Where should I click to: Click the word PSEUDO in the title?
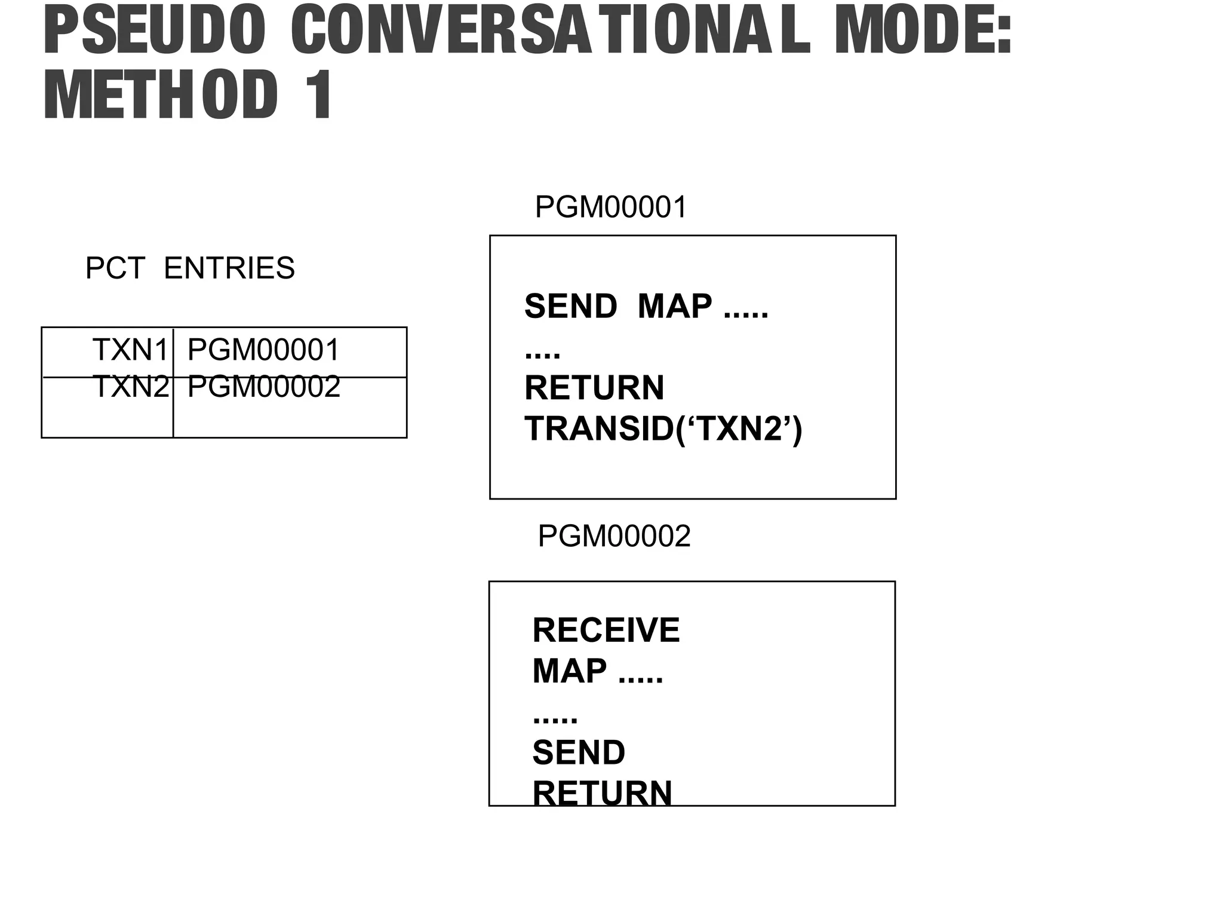[x=154, y=31]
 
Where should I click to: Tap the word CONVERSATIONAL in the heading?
[x=550, y=31]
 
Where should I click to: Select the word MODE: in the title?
[x=923, y=31]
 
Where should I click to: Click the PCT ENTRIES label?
[x=190, y=268]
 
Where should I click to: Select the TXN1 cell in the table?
[x=131, y=350]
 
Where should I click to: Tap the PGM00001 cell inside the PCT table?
[x=263, y=350]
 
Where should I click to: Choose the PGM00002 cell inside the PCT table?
[x=263, y=387]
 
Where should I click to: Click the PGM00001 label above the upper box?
[x=611, y=207]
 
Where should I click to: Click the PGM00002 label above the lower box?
[x=614, y=535]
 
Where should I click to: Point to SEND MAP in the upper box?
[x=618, y=306]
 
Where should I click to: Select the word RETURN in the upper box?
[x=594, y=387]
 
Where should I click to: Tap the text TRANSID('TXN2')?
[x=663, y=429]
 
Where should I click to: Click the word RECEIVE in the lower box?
[x=606, y=630]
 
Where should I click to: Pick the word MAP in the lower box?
[x=569, y=671]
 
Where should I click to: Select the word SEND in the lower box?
[x=579, y=752]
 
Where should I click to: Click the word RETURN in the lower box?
[x=602, y=792]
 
